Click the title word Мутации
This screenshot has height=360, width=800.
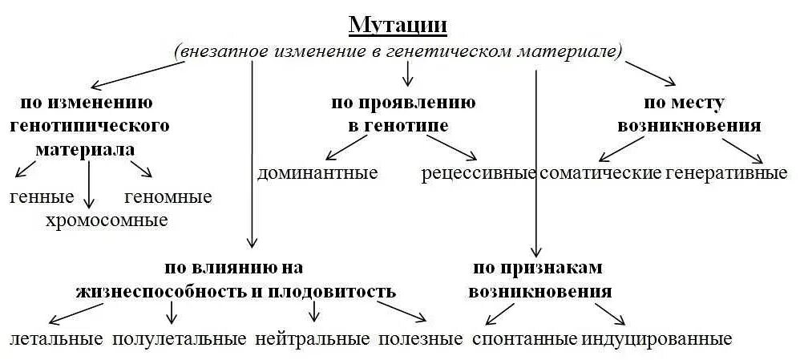click(398, 25)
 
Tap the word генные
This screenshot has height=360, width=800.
click(42, 196)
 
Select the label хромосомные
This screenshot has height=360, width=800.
click(107, 220)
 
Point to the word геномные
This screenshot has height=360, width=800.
click(168, 196)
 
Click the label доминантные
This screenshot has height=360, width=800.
click(317, 172)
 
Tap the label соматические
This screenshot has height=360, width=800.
click(600, 173)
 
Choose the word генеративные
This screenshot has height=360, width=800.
click(727, 173)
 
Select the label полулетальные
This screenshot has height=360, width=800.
click(180, 338)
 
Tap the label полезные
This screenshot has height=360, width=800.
click(421, 338)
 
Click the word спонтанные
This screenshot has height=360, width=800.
click(525, 338)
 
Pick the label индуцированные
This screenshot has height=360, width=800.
click(657, 338)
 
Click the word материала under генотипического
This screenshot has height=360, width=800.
click(84, 150)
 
